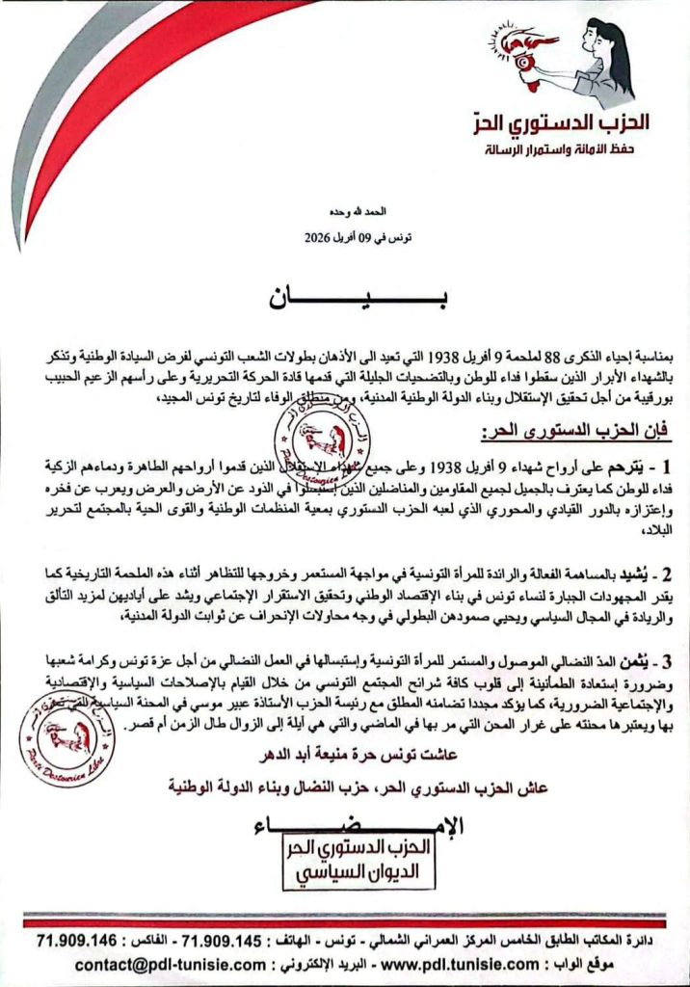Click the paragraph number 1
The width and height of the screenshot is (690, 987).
click(x=666, y=469)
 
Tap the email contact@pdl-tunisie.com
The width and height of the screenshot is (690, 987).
click(x=137, y=963)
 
